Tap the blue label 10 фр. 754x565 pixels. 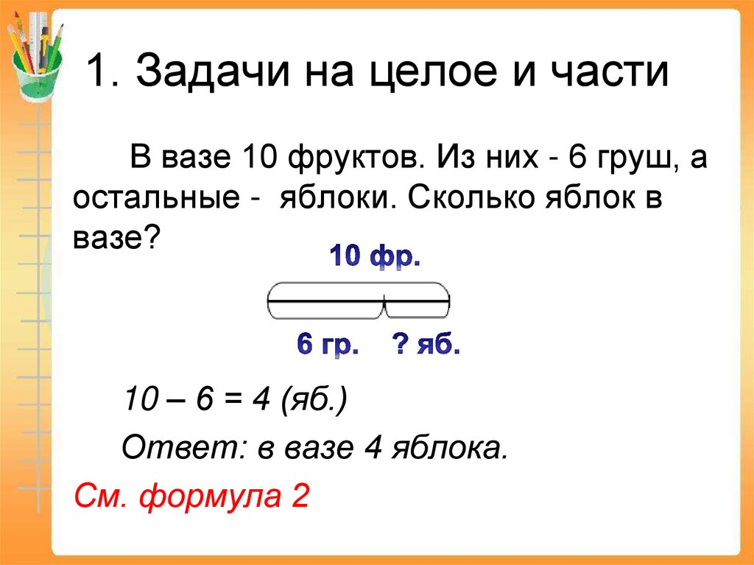(x=375, y=259)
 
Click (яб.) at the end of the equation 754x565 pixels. (x=313, y=403)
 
